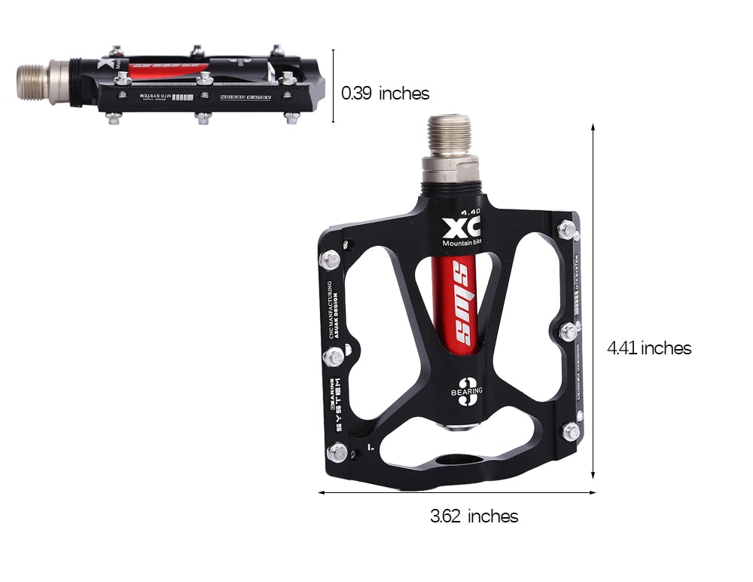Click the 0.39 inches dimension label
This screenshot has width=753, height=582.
[385, 93]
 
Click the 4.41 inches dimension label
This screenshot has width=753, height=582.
[649, 348]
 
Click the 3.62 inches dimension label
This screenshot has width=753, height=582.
[474, 516]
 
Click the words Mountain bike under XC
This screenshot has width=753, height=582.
[462, 243]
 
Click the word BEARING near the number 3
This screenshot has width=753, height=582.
[467, 391]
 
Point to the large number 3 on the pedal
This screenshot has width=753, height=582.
[467, 392]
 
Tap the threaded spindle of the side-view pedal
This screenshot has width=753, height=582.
[34, 81]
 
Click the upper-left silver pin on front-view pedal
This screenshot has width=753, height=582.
[329, 260]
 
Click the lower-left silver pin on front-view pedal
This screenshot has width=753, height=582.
[337, 452]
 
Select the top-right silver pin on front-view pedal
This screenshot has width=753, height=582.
[568, 229]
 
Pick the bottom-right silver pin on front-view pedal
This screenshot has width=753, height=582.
[571, 431]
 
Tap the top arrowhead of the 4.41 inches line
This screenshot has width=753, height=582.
[593, 127]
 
